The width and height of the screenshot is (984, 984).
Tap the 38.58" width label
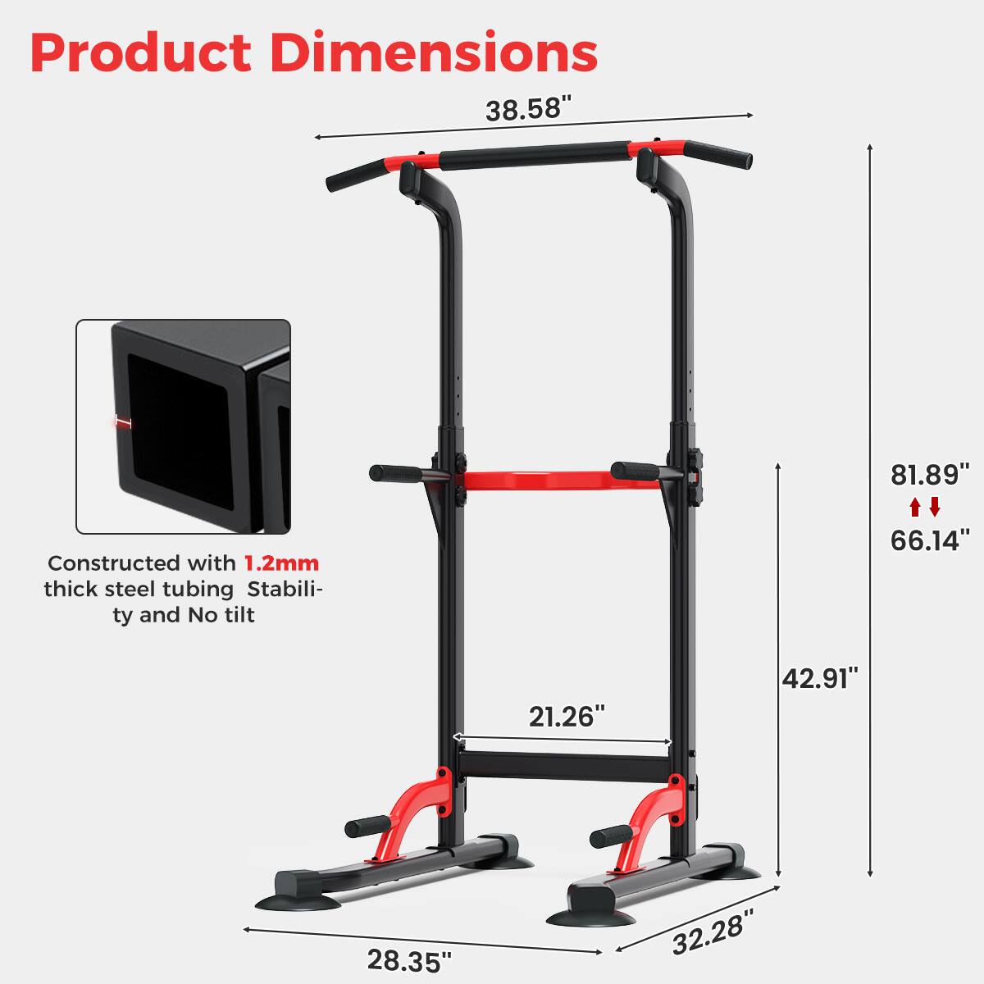click(527, 108)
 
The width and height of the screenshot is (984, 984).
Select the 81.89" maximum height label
click(930, 475)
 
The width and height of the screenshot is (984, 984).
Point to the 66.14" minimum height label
click(930, 540)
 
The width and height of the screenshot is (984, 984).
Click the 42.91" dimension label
click(819, 678)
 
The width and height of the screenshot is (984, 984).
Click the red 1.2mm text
click(281, 563)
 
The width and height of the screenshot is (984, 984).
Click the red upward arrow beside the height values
click(915, 508)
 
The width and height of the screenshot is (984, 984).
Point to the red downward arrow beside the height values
click(935, 508)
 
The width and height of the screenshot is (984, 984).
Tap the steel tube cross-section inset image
click(184, 426)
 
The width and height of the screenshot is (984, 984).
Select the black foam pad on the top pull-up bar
click(534, 156)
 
